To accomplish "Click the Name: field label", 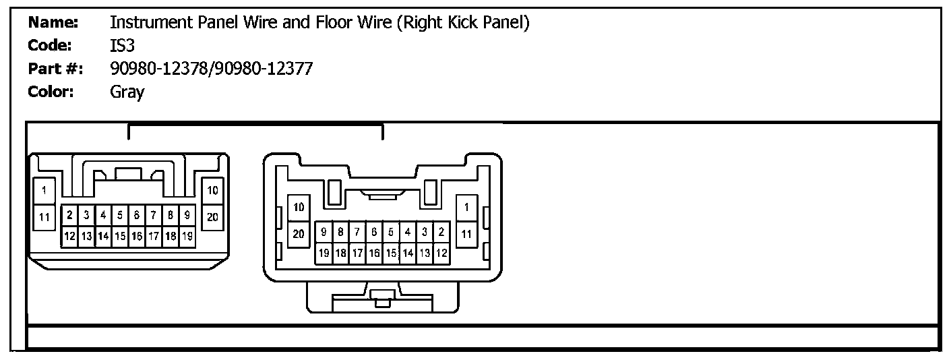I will point(53,22).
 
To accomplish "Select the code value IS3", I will point(123,45).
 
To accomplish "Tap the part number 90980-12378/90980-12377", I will point(211,68).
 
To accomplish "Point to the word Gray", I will point(127,92).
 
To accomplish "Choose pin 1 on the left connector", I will point(44,191).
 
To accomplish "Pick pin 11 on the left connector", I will point(44,217).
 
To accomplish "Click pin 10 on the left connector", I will point(213,191).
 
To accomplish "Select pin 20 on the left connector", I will point(213,217).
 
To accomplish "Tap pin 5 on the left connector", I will point(120,216).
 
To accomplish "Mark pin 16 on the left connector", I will point(137,237).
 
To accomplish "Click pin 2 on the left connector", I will point(70,216).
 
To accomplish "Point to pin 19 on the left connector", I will point(187,237).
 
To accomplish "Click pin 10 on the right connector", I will point(299,207).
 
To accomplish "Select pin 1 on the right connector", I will point(466,207).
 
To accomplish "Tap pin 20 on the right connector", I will point(299,234).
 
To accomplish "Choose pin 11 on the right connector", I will point(466,234).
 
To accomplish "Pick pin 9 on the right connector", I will point(324,233).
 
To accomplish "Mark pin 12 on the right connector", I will point(442,253).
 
